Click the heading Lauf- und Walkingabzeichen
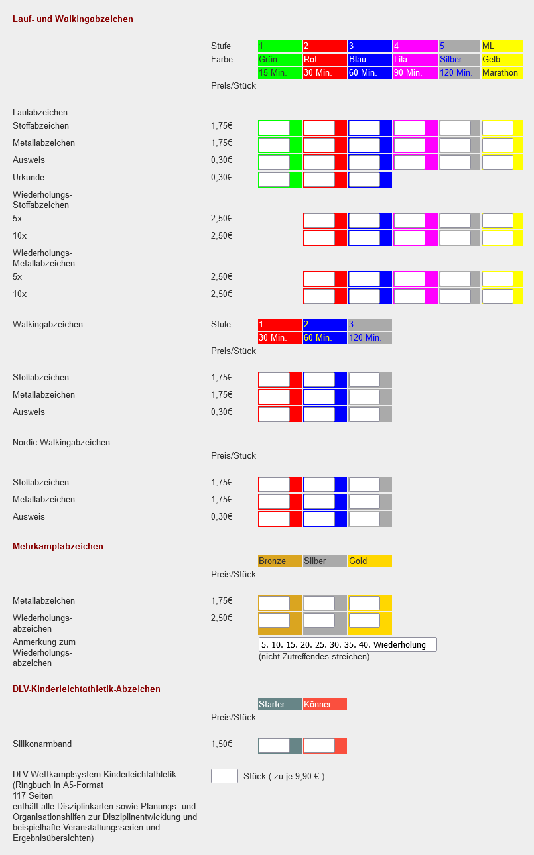pos(73,19)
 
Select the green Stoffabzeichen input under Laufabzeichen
pos(274,128)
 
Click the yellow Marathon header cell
pos(501,73)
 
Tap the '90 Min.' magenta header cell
pos(415,73)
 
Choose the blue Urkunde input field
pos(364,180)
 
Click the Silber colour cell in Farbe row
pos(459,60)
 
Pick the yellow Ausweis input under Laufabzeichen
pos(498,162)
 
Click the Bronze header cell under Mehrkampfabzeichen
pos(279,561)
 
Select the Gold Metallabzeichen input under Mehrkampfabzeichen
pos(364,603)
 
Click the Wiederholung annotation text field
pos(348,644)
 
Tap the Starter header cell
pos(279,704)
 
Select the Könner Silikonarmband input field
pos(319,746)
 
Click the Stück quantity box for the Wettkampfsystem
pos(224,776)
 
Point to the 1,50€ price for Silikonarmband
pos(222,744)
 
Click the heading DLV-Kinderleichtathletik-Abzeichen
pos(86,689)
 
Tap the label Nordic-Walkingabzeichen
pos(61,443)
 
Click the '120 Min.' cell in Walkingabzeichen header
pos(369,338)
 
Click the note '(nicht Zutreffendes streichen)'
pos(314,657)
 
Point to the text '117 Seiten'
pos(33,795)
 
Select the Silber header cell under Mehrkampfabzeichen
pos(324,561)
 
